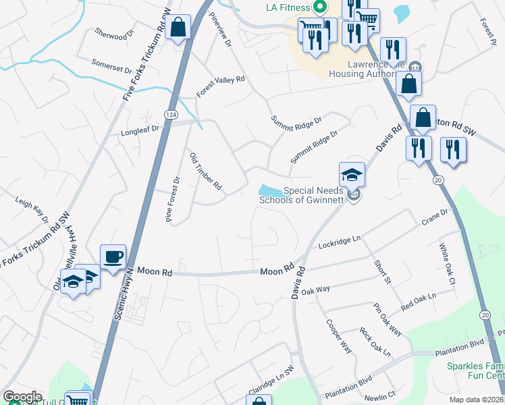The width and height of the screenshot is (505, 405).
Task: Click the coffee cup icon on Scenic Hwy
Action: coord(113,256)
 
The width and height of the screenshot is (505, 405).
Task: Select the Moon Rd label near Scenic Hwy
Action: coord(155,271)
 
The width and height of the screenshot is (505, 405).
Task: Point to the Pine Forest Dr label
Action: coord(174,199)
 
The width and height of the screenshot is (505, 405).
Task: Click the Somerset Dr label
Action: coord(113,67)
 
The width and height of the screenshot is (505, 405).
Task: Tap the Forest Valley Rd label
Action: coord(220,88)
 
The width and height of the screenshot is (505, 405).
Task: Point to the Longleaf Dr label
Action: coord(139,129)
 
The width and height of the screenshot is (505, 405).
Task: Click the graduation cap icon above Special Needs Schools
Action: coord(352,175)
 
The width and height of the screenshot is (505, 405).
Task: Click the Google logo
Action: coord(22,397)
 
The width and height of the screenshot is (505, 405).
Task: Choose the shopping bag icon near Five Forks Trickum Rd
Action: coord(178,28)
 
